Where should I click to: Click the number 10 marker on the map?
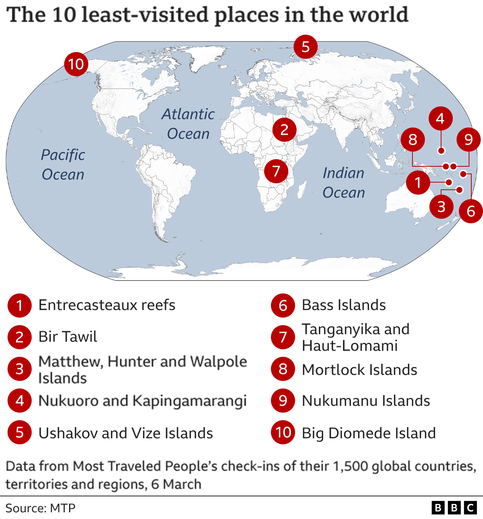(76, 64)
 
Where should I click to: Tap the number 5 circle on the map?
(306, 47)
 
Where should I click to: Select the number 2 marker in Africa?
(285, 130)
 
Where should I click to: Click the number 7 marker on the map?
(276, 171)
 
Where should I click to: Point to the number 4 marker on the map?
(440, 118)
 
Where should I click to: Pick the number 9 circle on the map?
(468, 140)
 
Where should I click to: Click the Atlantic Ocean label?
(188, 124)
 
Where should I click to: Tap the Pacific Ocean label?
(63, 164)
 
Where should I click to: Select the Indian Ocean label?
(344, 183)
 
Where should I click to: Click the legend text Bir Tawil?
(68, 336)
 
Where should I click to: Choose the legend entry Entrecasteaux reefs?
(107, 305)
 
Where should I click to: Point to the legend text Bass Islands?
(344, 305)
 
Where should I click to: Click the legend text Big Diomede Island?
(369, 433)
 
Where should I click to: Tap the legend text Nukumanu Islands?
(366, 401)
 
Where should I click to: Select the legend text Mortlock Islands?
(359, 370)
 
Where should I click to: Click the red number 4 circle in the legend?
(20, 401)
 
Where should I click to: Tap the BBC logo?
(454, 508)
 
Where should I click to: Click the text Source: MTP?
(40, 508)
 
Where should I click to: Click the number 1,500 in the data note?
(351, 466)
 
